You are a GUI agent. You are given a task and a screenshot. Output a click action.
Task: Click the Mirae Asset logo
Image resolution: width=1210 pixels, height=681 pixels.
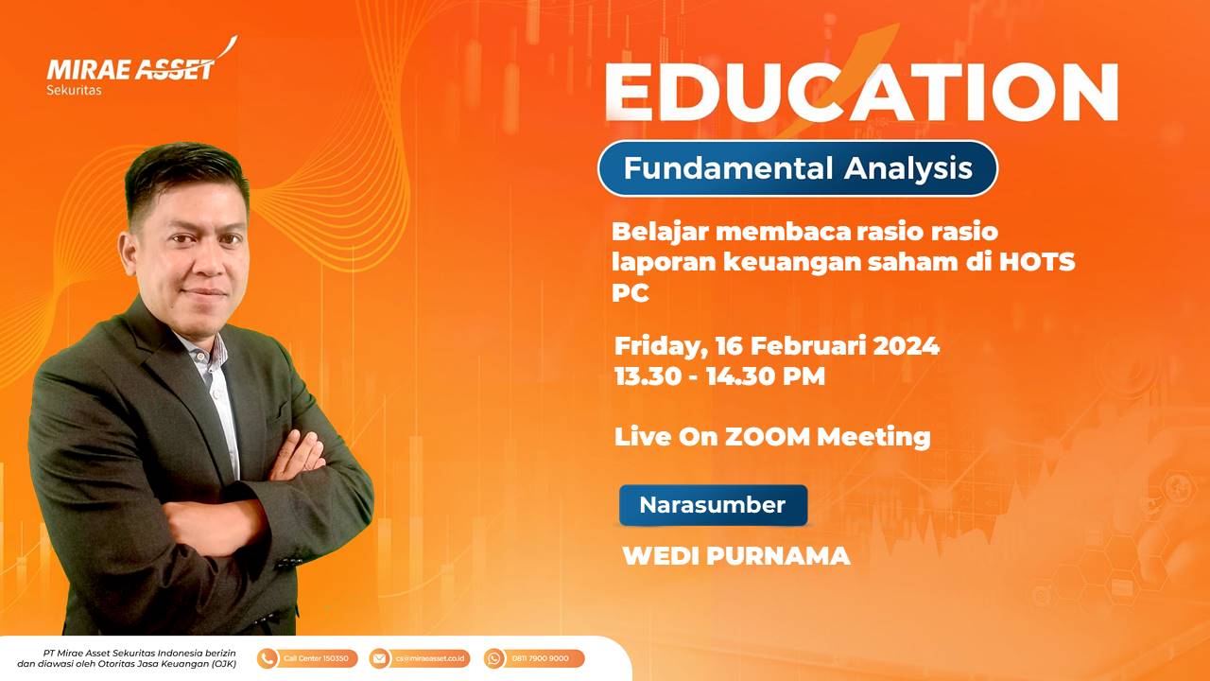(142, 66)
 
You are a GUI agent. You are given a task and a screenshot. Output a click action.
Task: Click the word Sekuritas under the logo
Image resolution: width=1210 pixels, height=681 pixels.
(74, 90)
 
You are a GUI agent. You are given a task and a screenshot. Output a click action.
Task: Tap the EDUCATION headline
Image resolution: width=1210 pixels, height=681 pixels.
(861, 91)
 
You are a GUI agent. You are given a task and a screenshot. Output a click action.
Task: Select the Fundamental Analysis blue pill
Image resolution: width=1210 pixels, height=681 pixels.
(797, 168)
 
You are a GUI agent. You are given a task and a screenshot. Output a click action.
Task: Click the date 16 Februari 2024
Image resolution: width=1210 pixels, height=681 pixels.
(827, 345)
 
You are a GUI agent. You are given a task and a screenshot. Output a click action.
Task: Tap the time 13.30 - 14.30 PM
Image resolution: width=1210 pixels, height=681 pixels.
(720, 376)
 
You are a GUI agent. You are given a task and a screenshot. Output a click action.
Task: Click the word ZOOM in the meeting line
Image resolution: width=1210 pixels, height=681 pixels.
(767, 437)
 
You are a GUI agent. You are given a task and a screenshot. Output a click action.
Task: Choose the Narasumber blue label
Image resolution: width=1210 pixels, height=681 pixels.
(713, 505)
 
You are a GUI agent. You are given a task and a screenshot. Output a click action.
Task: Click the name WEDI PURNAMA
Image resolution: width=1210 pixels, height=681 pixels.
(736, 555)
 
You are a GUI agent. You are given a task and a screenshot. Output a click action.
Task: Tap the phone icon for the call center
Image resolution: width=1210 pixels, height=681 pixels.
(267, 658)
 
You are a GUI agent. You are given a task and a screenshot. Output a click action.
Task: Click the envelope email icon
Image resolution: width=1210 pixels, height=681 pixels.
(379, 658)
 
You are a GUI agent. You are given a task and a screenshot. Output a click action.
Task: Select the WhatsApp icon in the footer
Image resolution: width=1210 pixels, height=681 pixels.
(493, 658)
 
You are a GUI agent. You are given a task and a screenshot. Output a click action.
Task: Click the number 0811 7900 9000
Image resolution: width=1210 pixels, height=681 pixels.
(540, 658)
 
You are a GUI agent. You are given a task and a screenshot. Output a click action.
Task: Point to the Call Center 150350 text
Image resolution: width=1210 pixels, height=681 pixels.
(316, 658)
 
